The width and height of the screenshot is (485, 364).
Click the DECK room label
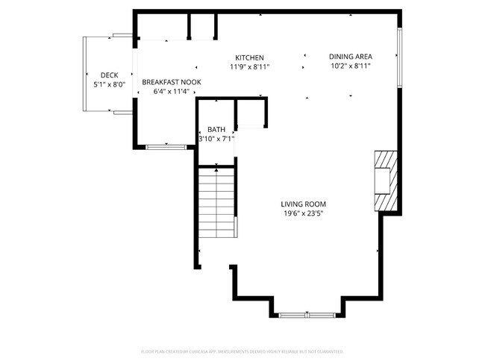click(x=110, y=75)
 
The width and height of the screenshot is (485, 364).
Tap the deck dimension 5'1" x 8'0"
click(x=110, y=84)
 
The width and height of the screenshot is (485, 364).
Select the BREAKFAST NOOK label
click(x=168, y=82)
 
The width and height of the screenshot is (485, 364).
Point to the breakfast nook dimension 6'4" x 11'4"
click(x=168, y=92)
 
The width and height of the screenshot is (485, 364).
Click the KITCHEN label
click(x=249, y=57)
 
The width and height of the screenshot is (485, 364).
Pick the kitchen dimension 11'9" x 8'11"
click(x=249, y=67)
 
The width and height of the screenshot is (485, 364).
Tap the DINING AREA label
click(x=351, y=56)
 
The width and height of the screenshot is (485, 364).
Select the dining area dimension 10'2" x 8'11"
click(x=351, y=66)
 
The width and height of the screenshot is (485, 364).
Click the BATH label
click(x=216, y=129)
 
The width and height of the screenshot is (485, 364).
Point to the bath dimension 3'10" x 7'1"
click(x=216, y=139)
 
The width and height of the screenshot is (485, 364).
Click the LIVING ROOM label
click(x=303, y=204)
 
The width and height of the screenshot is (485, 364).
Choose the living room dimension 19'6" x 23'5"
click(x=303, y=213)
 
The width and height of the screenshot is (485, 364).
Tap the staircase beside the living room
click(x=216, y=213)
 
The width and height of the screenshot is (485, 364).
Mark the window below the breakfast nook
click(x=166, y=147)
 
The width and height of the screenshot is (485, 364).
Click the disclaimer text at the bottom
click(x=242, y=351)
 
